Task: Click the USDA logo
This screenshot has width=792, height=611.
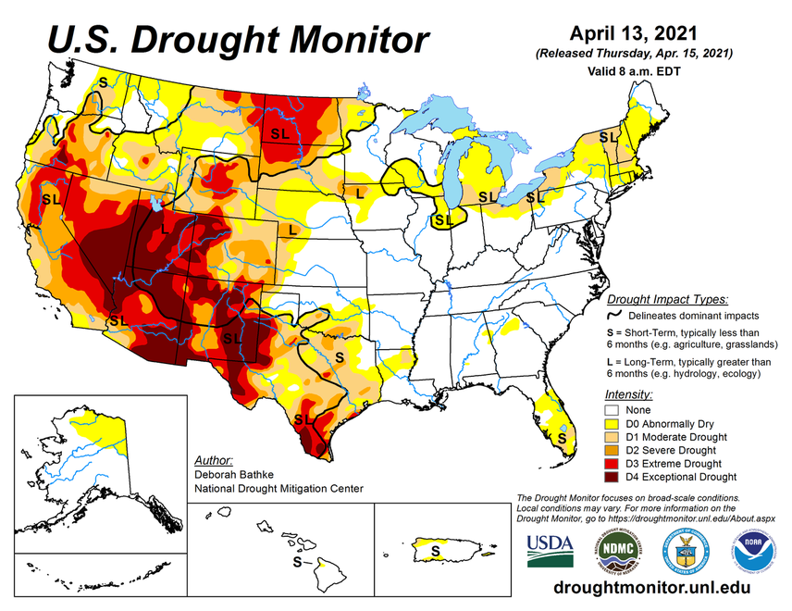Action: [x=550, y=550]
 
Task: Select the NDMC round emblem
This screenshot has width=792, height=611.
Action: [x=617, y=550]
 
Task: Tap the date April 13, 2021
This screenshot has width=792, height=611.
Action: [x=634, y=33]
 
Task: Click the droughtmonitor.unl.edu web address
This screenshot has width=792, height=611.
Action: [x=650, y=588]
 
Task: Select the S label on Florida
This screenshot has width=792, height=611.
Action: [x=562, y=437]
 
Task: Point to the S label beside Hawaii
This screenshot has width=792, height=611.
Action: [x=296, y=562]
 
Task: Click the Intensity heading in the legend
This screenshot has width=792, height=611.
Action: [x=628, y=393]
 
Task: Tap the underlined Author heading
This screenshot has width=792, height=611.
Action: [x=215, y=459]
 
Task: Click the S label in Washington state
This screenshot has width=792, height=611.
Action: [x=103, y=81]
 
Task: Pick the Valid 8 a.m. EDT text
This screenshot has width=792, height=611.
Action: [x=634, y=70]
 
